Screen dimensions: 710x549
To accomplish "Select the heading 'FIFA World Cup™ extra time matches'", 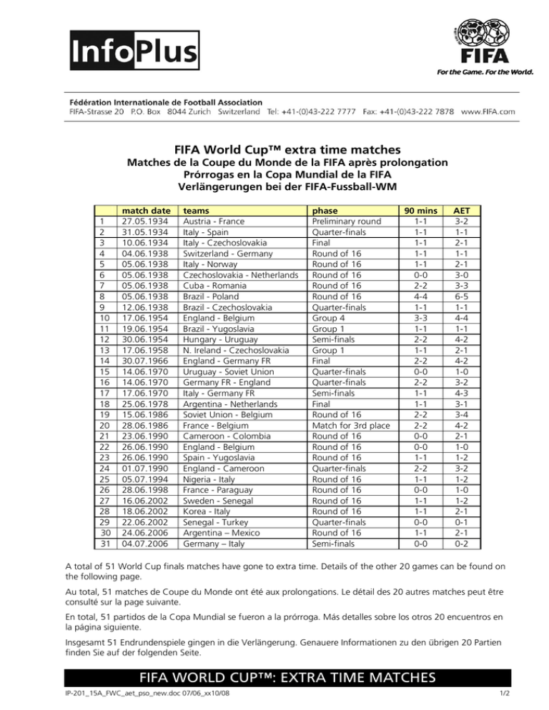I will [274, 151].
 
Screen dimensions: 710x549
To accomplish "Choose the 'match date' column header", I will [146, 212].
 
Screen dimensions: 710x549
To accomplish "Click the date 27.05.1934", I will [146, 222].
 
